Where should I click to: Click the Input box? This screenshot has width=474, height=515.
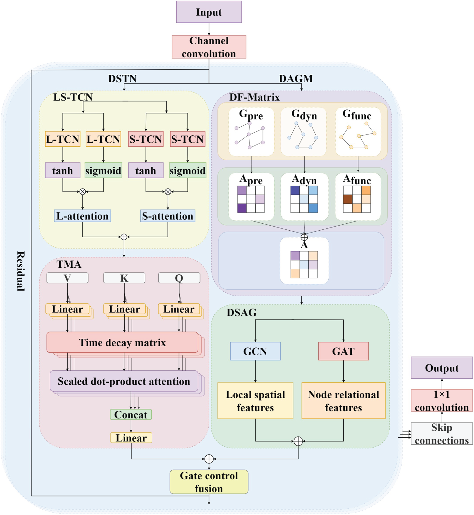(209, 12)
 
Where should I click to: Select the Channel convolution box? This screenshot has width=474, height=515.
(209, 47)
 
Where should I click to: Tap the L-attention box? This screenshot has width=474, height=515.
(82, 216)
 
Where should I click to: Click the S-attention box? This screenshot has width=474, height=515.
(168, 216)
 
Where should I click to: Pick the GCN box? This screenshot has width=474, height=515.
(255, 351)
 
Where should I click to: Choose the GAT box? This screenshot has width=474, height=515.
(343, 351)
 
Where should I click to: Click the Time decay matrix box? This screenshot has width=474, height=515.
(122, 342)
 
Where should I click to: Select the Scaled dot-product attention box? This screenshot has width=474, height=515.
(124, 381)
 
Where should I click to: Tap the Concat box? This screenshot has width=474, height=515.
(131, 414)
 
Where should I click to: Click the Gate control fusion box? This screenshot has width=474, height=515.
(209, 482)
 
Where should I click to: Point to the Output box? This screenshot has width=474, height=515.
(442, 368)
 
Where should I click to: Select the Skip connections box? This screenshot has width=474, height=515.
(442, 434)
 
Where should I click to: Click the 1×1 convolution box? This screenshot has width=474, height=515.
(442, 401)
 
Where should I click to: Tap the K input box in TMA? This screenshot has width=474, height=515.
(124, 278)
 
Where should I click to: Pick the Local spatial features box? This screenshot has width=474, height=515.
(255, 401)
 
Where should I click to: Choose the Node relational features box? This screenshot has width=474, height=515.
(343, 401)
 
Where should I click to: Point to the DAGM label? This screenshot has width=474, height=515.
(296, 78)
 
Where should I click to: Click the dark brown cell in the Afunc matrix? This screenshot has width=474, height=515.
(348, 199)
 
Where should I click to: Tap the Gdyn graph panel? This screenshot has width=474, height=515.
(304, 132)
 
